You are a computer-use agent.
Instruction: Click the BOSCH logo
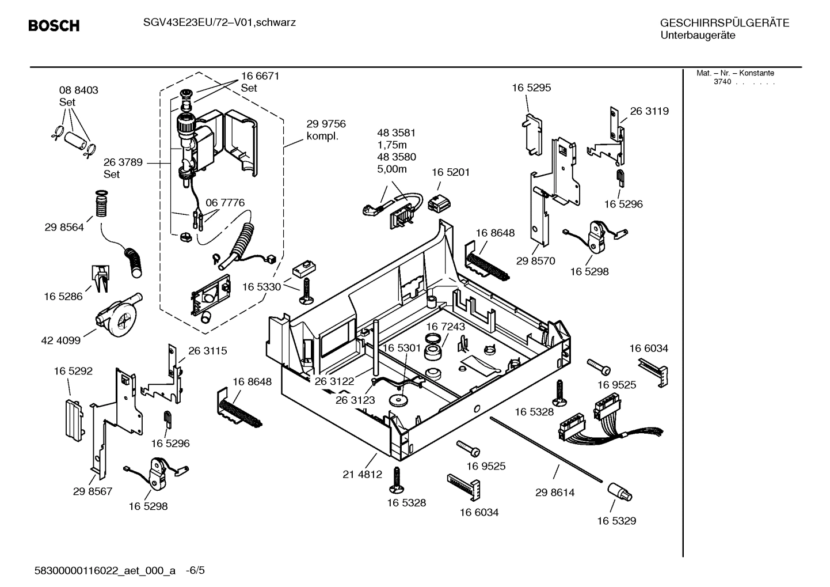click(54, 26)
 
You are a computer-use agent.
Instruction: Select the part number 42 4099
click(60, 340)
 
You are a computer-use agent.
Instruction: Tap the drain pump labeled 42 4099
click(119, 316)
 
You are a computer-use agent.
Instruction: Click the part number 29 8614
click(554, 493)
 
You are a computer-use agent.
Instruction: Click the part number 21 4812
click(362, 475)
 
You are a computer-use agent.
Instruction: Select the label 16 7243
click(446, 327)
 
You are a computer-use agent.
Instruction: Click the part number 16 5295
click(531, 88)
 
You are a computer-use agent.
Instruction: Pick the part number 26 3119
click(649, 111)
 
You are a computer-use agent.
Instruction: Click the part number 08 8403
click(78, 90)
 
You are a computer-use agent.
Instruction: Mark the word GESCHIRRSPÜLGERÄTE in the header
click(724, 23)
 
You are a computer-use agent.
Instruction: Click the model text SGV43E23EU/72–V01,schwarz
click(211, 22)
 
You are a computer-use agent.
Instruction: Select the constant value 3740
click(722, 82)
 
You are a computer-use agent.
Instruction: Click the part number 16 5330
click(261, 287)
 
